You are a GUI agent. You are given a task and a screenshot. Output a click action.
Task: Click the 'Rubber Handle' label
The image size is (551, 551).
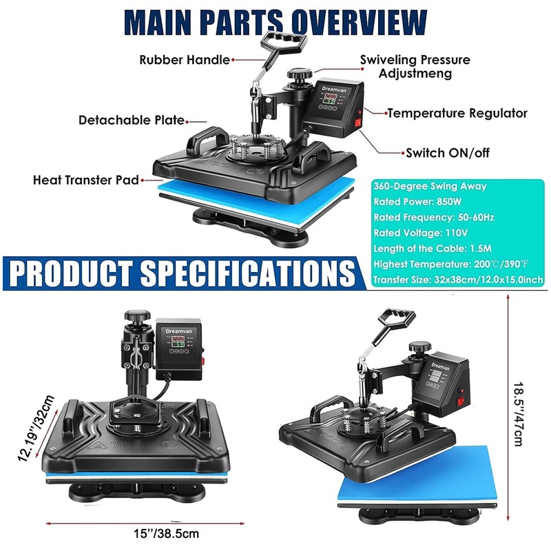pyautogui.click(x=185, y=60)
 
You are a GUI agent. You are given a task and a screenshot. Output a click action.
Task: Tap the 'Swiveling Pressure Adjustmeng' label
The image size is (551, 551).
pyautogui.click(x=415, y=66)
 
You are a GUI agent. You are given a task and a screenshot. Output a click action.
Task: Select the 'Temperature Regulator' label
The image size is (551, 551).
pyautogui.click(x=457, y=113)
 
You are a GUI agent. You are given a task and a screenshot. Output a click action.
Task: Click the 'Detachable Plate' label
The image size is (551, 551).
pyautogui.click(x=131, y=120)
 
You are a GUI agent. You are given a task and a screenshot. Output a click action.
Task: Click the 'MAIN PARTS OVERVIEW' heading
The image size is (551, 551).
pyautogui.click(x=275, y=21)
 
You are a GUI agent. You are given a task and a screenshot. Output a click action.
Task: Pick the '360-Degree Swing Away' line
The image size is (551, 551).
pyautogui.click(x=430, y=186)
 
